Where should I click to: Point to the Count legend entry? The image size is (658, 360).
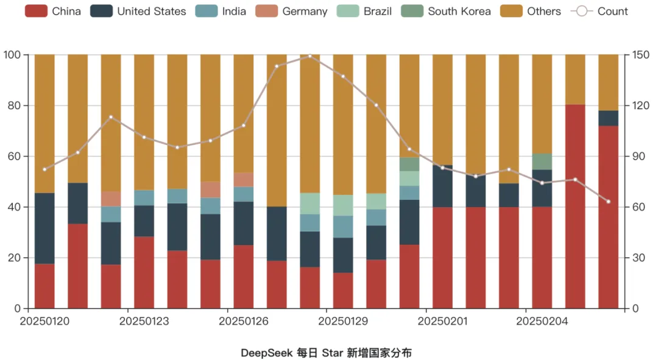click(x=600, y=11)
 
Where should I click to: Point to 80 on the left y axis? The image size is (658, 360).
click(x=12, y=105)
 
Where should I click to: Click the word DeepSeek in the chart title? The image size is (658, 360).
click(x=266, y=353)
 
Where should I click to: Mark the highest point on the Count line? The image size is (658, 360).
click(x=310, y=55)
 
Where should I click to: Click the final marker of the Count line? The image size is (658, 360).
click(x=608, y=202)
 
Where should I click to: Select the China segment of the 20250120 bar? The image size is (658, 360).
click(x=44, y=286)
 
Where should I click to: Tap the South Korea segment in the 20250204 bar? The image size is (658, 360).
click(x=542, y=161)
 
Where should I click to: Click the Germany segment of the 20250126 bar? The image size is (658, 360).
click(x=244, y=179)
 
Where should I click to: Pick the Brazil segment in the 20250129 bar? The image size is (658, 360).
click(x=343, y=205)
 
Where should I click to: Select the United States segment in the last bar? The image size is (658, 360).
click(x=608, y=118)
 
